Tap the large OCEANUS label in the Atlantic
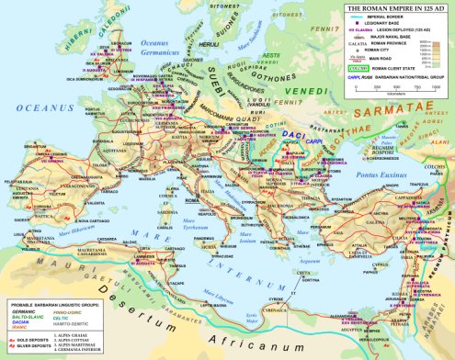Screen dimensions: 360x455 [x=32, y=109]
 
